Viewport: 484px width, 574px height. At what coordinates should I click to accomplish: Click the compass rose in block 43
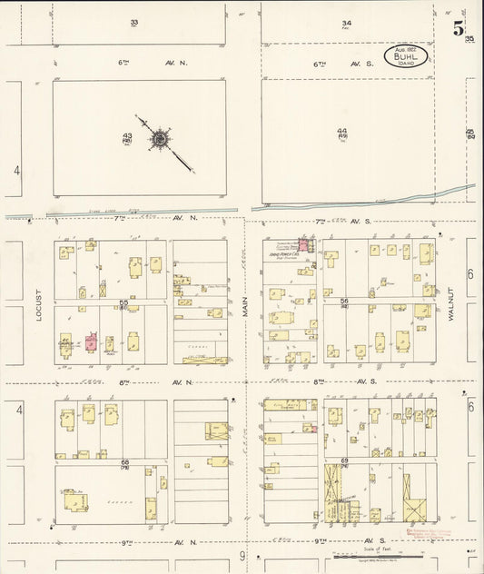click(x=161, y=139)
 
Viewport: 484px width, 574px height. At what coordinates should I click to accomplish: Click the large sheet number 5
click(x=459, y=28)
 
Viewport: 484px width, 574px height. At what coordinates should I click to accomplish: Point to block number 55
click(x=123, y=302)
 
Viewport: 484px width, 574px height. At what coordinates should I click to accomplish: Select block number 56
click(x=344, y=302)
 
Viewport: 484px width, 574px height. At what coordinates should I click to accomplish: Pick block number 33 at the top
click(x=133, y=22)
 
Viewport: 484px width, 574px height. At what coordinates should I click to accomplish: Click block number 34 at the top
click(x=346, y=23)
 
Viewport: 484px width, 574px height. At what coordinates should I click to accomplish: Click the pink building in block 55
click(x=91, y=341)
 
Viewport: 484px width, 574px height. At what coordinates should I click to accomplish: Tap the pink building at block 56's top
click(x=303, y=244)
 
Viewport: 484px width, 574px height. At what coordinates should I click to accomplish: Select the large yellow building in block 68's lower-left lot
click(x=73, y=500)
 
